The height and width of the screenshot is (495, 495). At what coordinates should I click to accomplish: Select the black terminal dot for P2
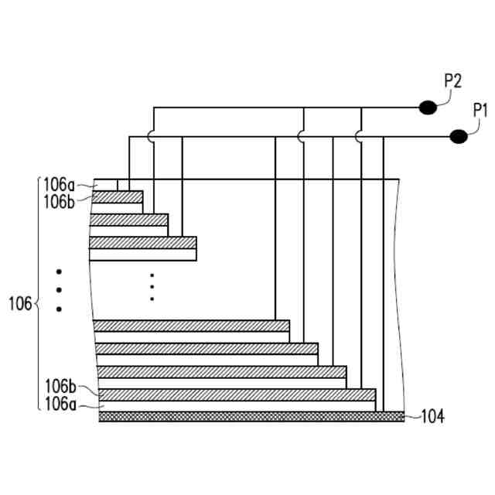tap(427, 108)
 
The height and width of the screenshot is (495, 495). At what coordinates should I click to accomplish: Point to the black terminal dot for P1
tap(458, 137)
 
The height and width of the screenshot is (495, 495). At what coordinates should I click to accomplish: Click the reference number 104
tap(432, 417)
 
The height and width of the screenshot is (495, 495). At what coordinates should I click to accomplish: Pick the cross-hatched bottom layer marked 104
tap(251, 416)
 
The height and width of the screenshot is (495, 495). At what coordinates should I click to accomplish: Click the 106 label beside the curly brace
tap(20, 302)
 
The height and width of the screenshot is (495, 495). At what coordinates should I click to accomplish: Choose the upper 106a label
tap(60, 184)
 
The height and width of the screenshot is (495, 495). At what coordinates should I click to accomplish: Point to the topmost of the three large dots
tap(59, 271)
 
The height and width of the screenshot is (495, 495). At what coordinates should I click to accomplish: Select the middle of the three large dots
tap(59, 290)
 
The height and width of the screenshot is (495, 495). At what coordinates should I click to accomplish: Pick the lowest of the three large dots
tap(59, 309)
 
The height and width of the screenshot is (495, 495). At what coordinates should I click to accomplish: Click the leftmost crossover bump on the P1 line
tap(154, 136)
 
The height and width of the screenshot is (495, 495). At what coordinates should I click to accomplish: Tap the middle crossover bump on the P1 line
tap(303, 136)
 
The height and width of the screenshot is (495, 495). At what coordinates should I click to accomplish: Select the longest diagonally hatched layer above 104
tap(236, 394)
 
